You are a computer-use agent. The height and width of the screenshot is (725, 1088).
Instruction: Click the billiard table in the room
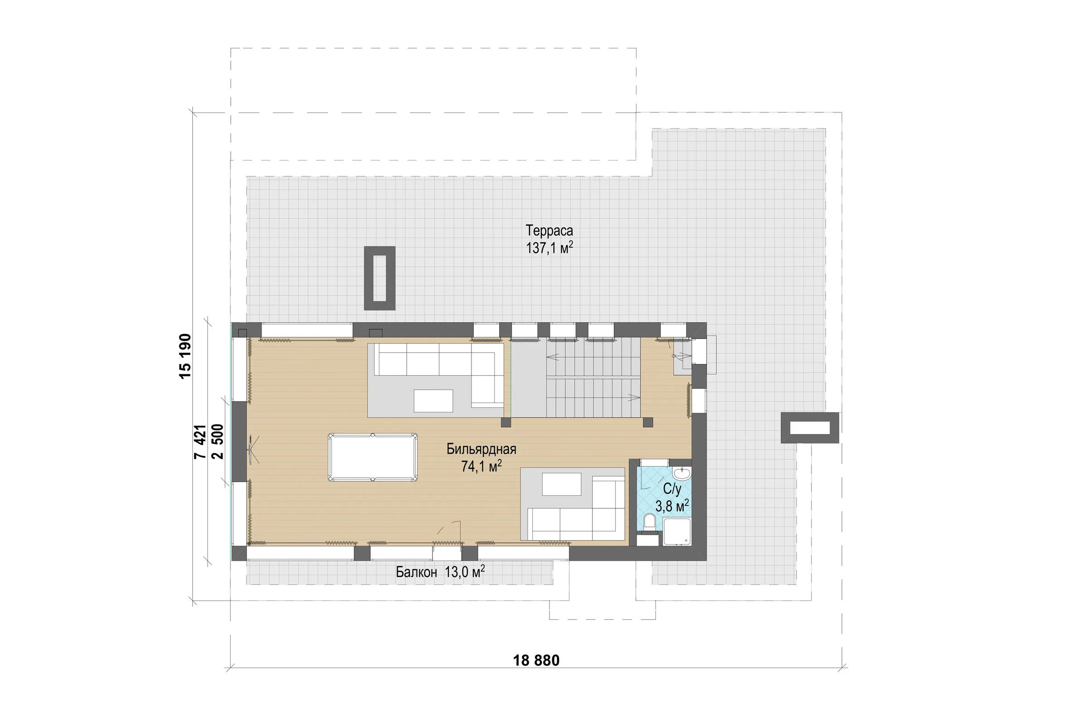pos(372,457)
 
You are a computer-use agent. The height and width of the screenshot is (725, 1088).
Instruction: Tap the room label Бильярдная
pos(481,449)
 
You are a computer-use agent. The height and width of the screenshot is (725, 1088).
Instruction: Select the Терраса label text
pos(549,230)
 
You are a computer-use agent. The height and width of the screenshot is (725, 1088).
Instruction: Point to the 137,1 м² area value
pos(549,248)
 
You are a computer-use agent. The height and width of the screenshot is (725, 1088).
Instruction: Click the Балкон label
pos(416,572)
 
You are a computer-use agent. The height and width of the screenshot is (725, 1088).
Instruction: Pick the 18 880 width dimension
pos(536,660)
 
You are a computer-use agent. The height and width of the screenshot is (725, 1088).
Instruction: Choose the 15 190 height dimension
pos(185,356)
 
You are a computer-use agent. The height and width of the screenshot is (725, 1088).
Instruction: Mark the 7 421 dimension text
pos(200,442)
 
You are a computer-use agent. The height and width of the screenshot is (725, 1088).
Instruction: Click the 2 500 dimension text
pos(217,442)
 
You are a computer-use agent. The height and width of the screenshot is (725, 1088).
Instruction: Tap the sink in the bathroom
pos(682,474)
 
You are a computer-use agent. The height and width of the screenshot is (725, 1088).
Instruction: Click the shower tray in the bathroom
pos(677,532)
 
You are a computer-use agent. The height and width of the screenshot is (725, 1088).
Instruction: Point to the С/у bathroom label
pos(672,489)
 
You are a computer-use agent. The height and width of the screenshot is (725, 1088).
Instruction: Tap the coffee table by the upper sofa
pos(433,401)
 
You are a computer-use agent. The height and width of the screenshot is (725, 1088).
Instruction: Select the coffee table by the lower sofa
pos(562,484)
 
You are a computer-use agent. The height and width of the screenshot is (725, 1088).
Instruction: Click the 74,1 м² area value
pos(481,466)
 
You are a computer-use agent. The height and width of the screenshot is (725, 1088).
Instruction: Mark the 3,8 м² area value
pos(672,506)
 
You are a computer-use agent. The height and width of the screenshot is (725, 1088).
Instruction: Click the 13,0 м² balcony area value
pos(464,572)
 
